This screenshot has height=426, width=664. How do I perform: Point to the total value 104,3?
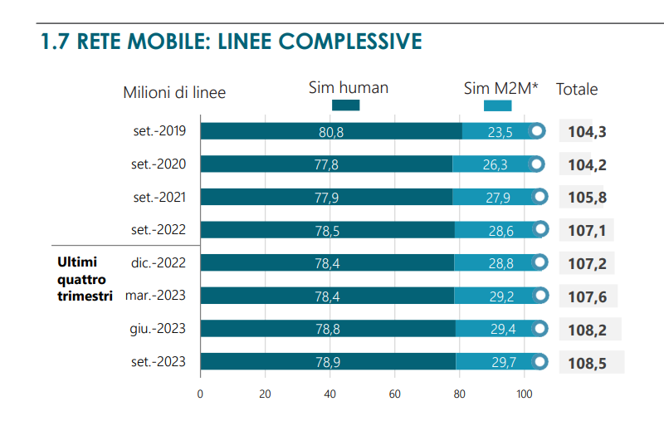587,132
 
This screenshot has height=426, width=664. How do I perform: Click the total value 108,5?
587,363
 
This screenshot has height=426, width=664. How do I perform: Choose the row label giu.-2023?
159,329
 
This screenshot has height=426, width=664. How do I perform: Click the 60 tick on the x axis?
395,394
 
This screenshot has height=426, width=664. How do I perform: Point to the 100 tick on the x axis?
525,394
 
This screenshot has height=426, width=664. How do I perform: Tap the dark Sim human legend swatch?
345,105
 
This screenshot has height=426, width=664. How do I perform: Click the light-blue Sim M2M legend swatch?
497,105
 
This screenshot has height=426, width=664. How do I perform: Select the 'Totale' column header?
577,90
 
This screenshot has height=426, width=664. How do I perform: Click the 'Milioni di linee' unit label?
174,92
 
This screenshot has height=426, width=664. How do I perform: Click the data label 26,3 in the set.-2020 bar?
495,164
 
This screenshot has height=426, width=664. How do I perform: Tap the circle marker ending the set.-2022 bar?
541,229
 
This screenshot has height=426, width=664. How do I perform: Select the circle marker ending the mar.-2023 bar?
542,296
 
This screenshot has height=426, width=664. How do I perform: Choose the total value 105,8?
587,198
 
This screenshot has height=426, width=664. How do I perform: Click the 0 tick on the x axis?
200,394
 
